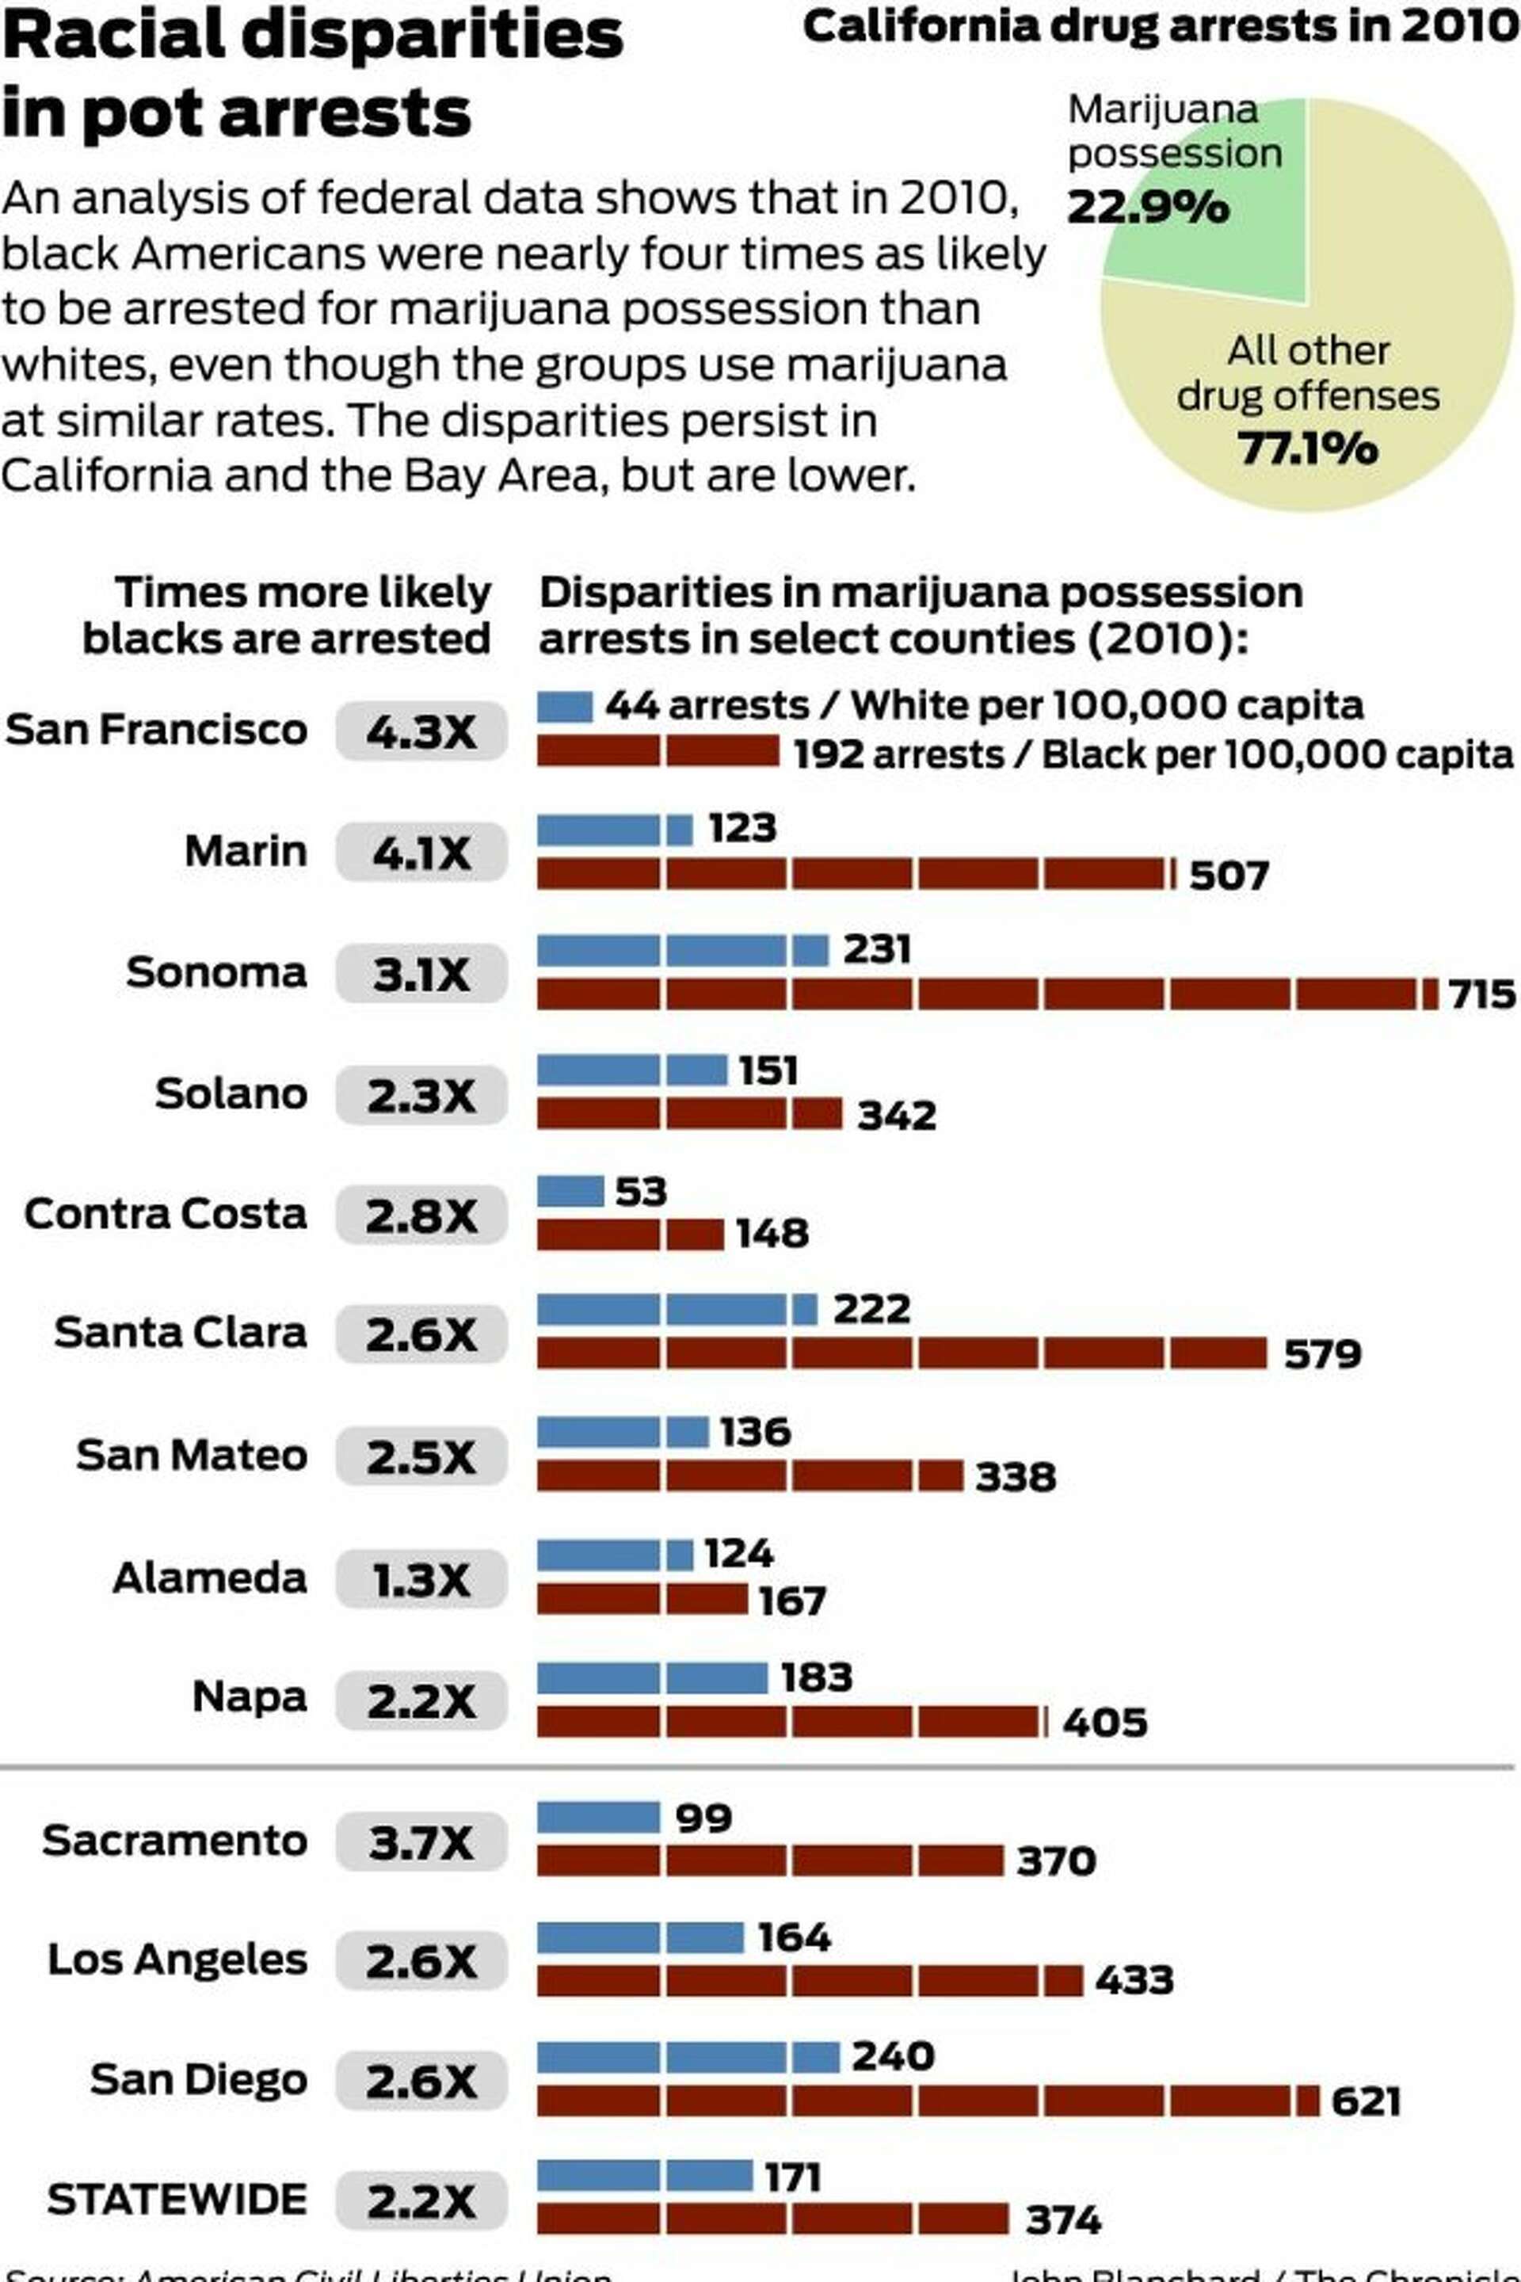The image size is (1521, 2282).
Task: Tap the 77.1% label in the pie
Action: pos(1306,448)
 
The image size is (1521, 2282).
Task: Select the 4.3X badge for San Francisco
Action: pos(421,731)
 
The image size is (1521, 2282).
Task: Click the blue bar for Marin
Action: pos(614,830)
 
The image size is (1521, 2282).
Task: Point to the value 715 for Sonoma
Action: pos(1481,994)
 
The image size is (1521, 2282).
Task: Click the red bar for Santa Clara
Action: pos(902,1353)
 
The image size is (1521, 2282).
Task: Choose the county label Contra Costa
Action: pos(165,1214)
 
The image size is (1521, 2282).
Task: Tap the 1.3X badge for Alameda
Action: pos(421,1579)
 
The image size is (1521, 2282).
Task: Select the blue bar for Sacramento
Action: pos(599,1817)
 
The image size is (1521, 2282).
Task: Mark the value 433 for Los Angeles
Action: pos(1134,1980)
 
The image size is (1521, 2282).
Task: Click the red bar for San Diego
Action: pos(928,2101)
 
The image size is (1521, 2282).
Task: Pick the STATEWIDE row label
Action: pos(177,2200)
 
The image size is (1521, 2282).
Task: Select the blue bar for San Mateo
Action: pos(622,1432)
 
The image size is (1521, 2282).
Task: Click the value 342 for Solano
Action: pos(896,1116)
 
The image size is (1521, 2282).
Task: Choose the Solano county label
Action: pos(231,1093)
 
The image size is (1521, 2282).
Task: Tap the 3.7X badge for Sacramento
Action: pos(421,1841)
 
